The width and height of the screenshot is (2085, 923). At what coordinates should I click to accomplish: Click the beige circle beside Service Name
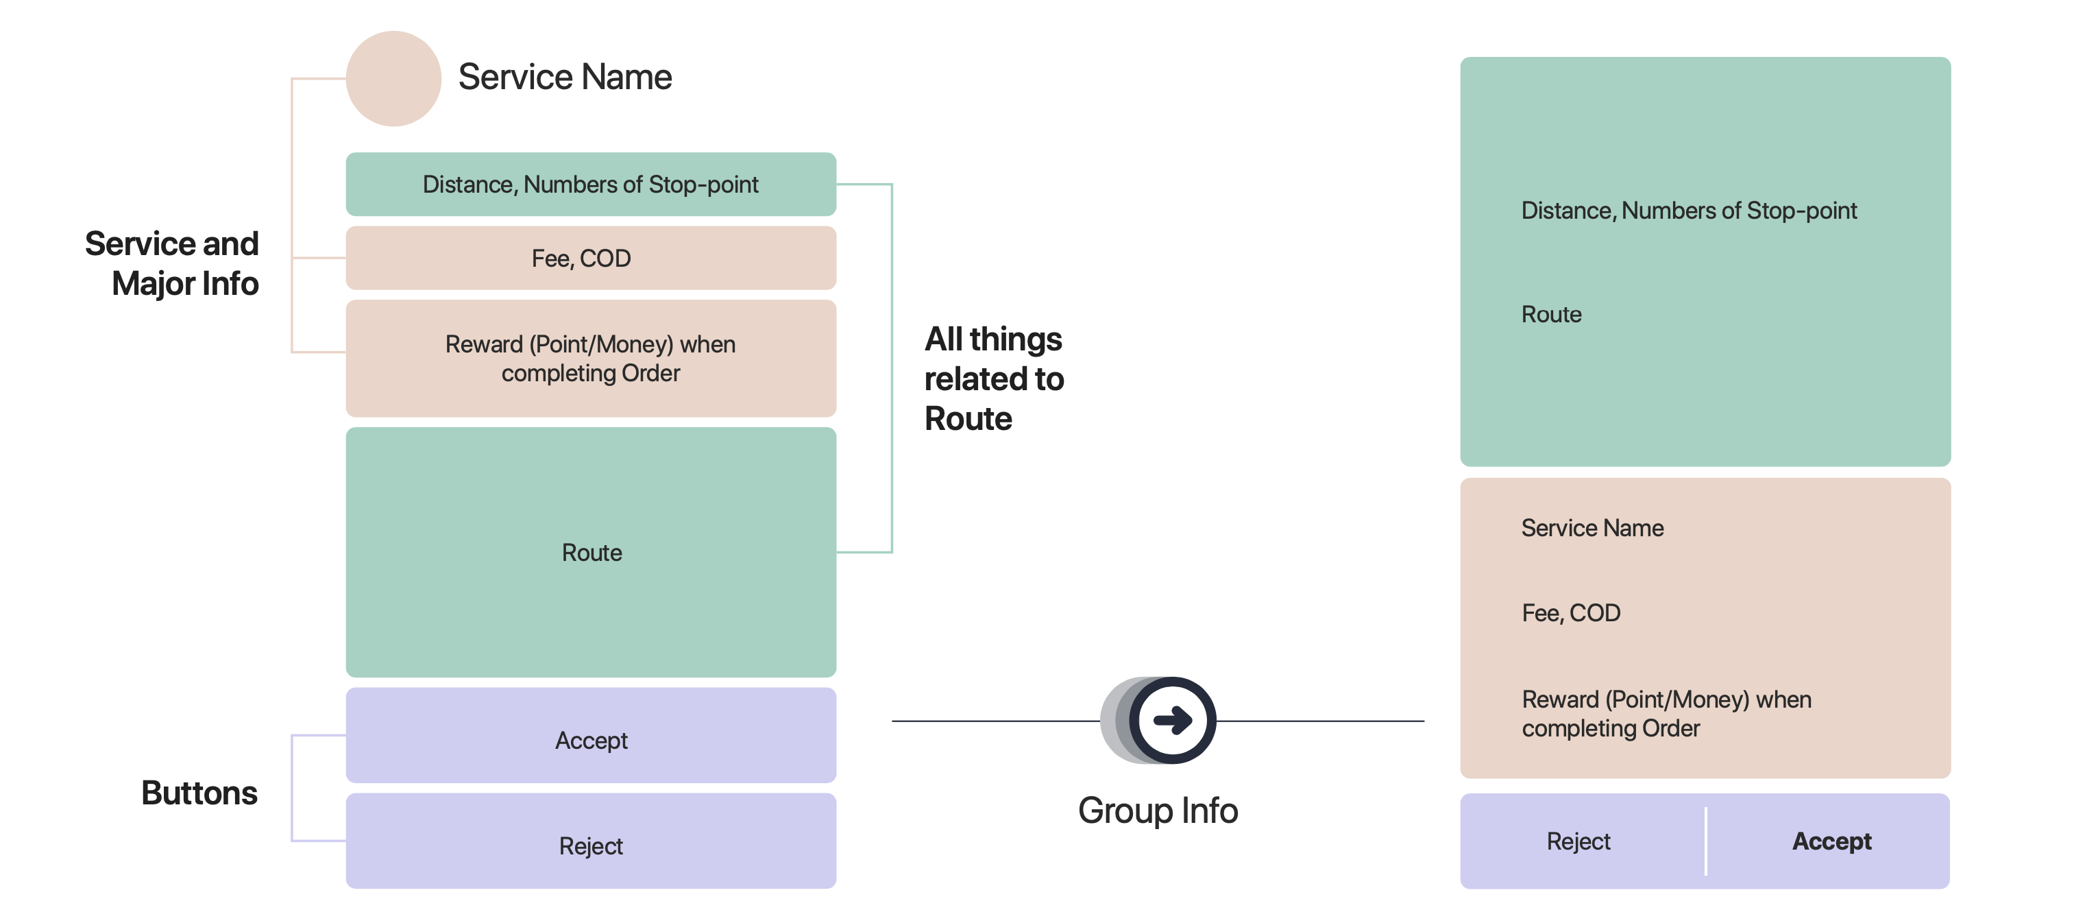393,79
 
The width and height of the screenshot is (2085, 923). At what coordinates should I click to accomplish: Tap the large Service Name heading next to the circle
564,77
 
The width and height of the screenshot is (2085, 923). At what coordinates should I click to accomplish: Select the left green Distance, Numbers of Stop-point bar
590,184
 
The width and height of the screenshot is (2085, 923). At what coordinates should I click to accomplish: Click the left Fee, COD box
590,259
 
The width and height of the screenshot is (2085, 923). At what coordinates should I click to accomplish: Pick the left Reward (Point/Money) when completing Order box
590,359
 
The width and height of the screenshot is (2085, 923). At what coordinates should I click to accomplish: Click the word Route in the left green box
591,553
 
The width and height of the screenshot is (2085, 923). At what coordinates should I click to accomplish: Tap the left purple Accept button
590,739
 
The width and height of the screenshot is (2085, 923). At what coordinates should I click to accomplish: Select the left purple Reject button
590,846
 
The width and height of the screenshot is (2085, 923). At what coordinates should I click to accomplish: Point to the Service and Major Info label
173,263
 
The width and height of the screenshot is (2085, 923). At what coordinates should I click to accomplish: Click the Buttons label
199,793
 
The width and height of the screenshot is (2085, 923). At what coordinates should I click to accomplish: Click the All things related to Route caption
993,379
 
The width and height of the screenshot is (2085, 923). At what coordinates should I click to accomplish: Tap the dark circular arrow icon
1171,720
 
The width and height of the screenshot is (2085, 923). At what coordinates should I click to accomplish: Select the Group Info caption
1158,811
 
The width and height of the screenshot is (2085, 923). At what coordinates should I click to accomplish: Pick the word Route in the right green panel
1551,314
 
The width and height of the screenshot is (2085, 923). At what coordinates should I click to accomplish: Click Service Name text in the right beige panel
1592,528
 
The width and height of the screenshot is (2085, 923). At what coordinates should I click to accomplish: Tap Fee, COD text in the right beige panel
1570,613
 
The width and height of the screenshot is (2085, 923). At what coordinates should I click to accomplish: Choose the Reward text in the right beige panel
1666,713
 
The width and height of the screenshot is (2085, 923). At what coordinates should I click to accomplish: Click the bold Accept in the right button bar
1831,841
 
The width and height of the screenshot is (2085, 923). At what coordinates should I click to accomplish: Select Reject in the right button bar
1578,841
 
